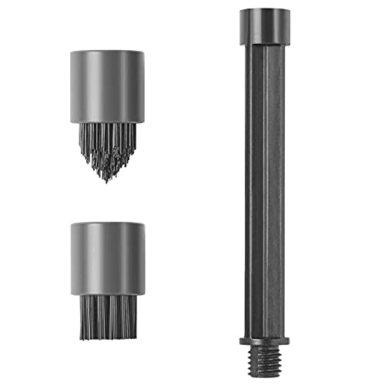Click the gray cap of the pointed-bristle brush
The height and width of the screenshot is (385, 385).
107,86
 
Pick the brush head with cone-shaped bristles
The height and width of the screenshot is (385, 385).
107,115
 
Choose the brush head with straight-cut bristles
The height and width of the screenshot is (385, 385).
107,277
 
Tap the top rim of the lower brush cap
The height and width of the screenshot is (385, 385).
107,224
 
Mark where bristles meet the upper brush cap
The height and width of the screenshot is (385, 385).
107,122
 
